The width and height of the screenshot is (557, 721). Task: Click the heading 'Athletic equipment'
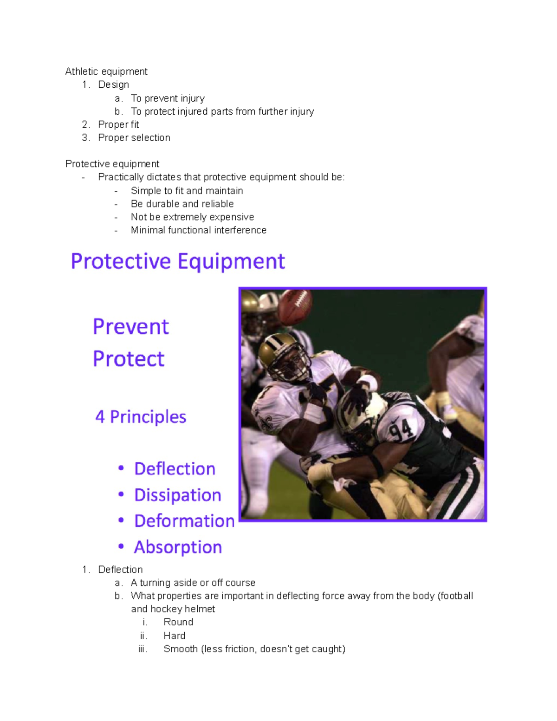pyautogui.click(x=106, y=71)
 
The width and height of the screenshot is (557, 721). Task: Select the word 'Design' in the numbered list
pyautogui.click(x=113, y=84)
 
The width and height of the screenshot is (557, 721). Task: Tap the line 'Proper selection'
pyautogui.click(x=134, y=137)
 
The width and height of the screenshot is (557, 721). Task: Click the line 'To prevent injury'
pyautogui.click(x=168, y=98)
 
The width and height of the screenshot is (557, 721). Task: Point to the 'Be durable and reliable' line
pyautogui.click(x=182, y=204)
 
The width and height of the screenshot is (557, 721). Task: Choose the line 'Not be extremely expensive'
pyautogui.click(x=192, y=217)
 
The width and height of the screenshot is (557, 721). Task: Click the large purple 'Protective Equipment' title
pyautogui.click(x=178, y=261)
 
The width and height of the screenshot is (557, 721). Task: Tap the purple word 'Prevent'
pyautogui.click(x=131, y=327)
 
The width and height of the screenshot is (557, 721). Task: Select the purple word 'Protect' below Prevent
pyautogui.click(x=129, y=359)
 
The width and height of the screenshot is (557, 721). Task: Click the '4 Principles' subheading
pyautogui.click(x=141, y=417)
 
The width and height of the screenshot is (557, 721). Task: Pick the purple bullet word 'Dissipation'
pyautogui.click(x=177, y=495)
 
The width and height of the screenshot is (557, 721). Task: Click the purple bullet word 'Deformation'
pyautogui.click(x=184, y=521)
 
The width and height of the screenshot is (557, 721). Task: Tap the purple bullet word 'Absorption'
pyautogui.click(x=178, y=547)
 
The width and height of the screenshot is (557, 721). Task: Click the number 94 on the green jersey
pyautogui.click(x=401, y=429)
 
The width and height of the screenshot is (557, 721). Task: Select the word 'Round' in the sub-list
pyautogui.click(x=178, y=622)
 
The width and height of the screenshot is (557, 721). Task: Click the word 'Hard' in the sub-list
pyautogui.click(x=175, y=636)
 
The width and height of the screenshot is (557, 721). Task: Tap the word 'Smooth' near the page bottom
pyautogui.click(x=181, y=649)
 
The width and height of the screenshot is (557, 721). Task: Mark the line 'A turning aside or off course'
pyautogui.click(x=193, y=583)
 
